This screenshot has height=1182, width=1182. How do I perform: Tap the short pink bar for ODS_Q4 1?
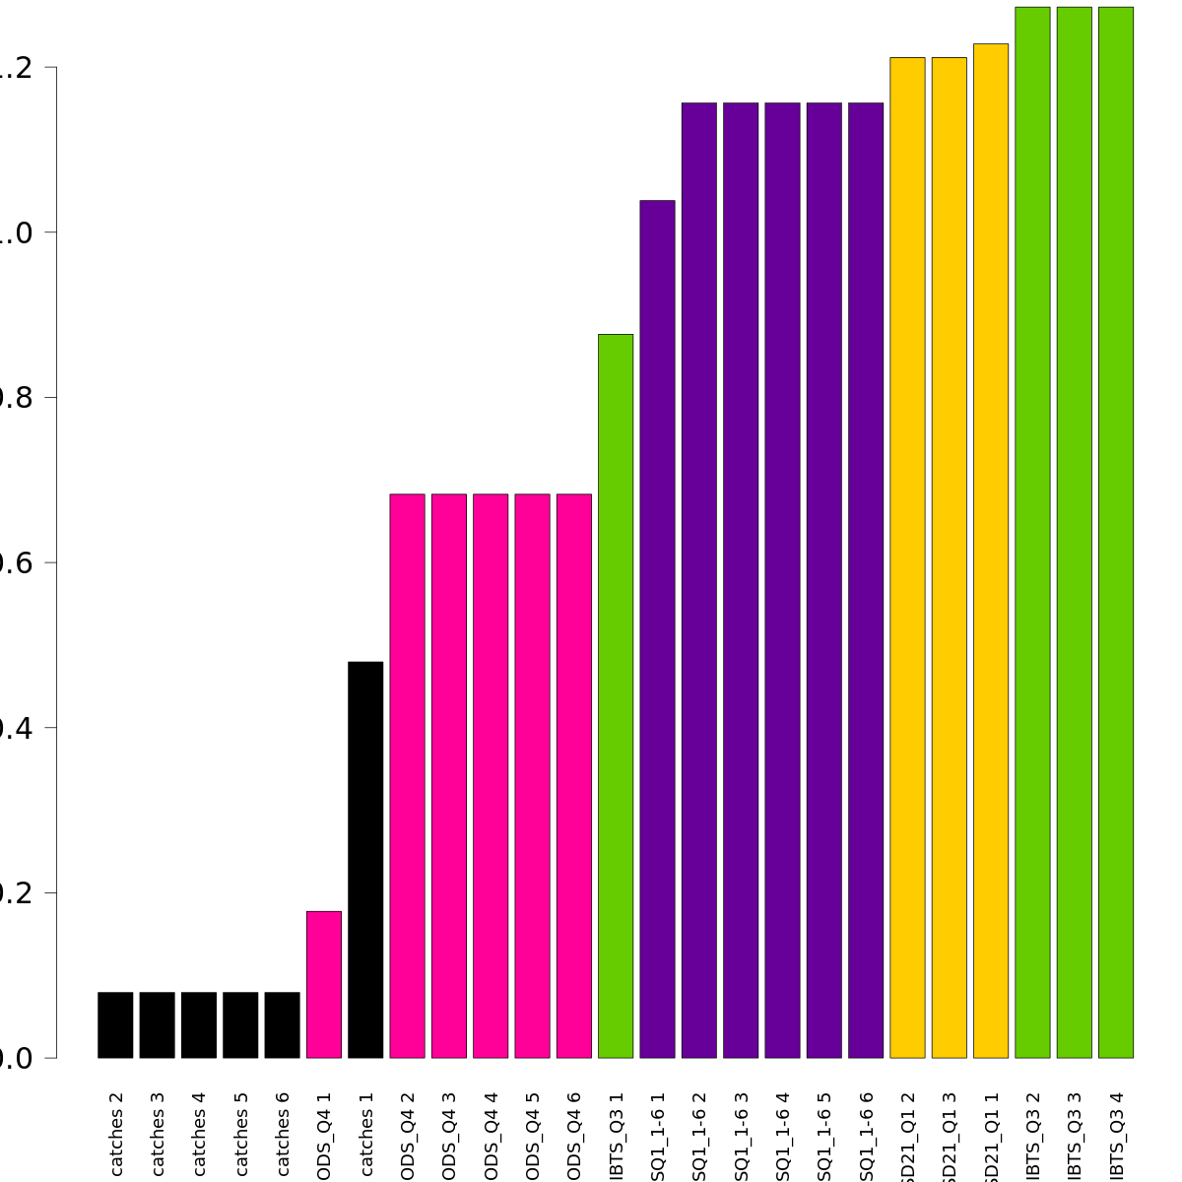(324, 984)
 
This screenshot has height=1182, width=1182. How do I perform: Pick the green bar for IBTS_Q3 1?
(616, 695)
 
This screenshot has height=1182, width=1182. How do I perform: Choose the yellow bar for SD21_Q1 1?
(991, 551)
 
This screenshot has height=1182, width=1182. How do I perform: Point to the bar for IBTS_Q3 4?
(1116, 532)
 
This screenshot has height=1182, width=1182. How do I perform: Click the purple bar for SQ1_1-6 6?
(866, 580)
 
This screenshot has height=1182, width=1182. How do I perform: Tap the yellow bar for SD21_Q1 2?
(907, 558)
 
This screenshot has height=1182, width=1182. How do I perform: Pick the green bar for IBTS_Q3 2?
(1032, 532)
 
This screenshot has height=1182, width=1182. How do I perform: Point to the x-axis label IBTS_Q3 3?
(1075, 1136)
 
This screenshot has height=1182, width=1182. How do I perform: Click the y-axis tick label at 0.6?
(17, 562)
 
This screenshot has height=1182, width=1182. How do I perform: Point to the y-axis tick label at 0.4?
(17, 728)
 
